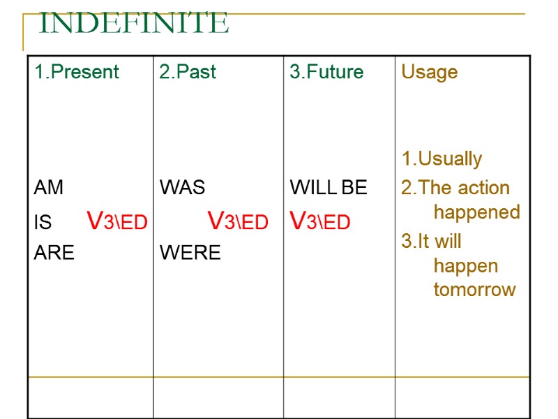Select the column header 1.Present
pos(77,72)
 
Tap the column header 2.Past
pos(188,72)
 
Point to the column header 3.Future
pos(326,72)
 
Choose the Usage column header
pos(429,72)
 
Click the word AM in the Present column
pos(48,187)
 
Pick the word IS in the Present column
pos(43,222)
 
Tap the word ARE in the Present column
pos(54,252)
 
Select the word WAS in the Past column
pos(182,187)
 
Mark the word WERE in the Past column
pos(190,252)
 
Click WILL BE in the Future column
pos(328,187)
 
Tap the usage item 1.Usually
pos(442,159)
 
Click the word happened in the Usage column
pos(476,212)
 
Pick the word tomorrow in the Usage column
pos(474,289)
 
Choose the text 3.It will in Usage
pos(431,241)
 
